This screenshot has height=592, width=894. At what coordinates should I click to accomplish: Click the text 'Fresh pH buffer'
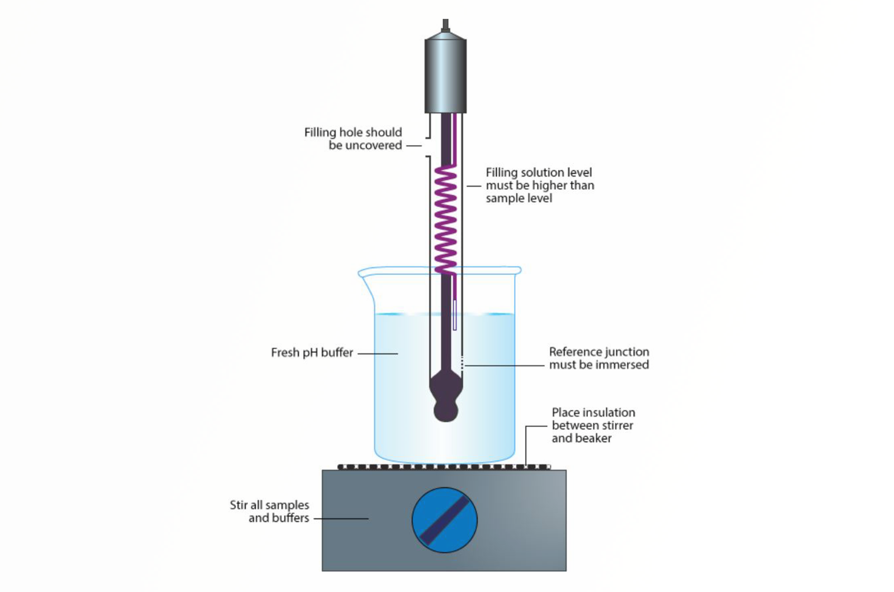click(312, 352)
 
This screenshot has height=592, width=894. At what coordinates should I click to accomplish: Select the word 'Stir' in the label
click(239, 505)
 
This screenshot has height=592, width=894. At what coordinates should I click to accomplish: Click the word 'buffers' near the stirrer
click(291, 518)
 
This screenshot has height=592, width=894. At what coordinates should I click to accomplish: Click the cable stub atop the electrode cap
click(445, 26)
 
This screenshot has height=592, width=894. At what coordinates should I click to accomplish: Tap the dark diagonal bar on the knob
click(445, 520)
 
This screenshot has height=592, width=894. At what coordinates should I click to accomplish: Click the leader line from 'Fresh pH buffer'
click(378, 353)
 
